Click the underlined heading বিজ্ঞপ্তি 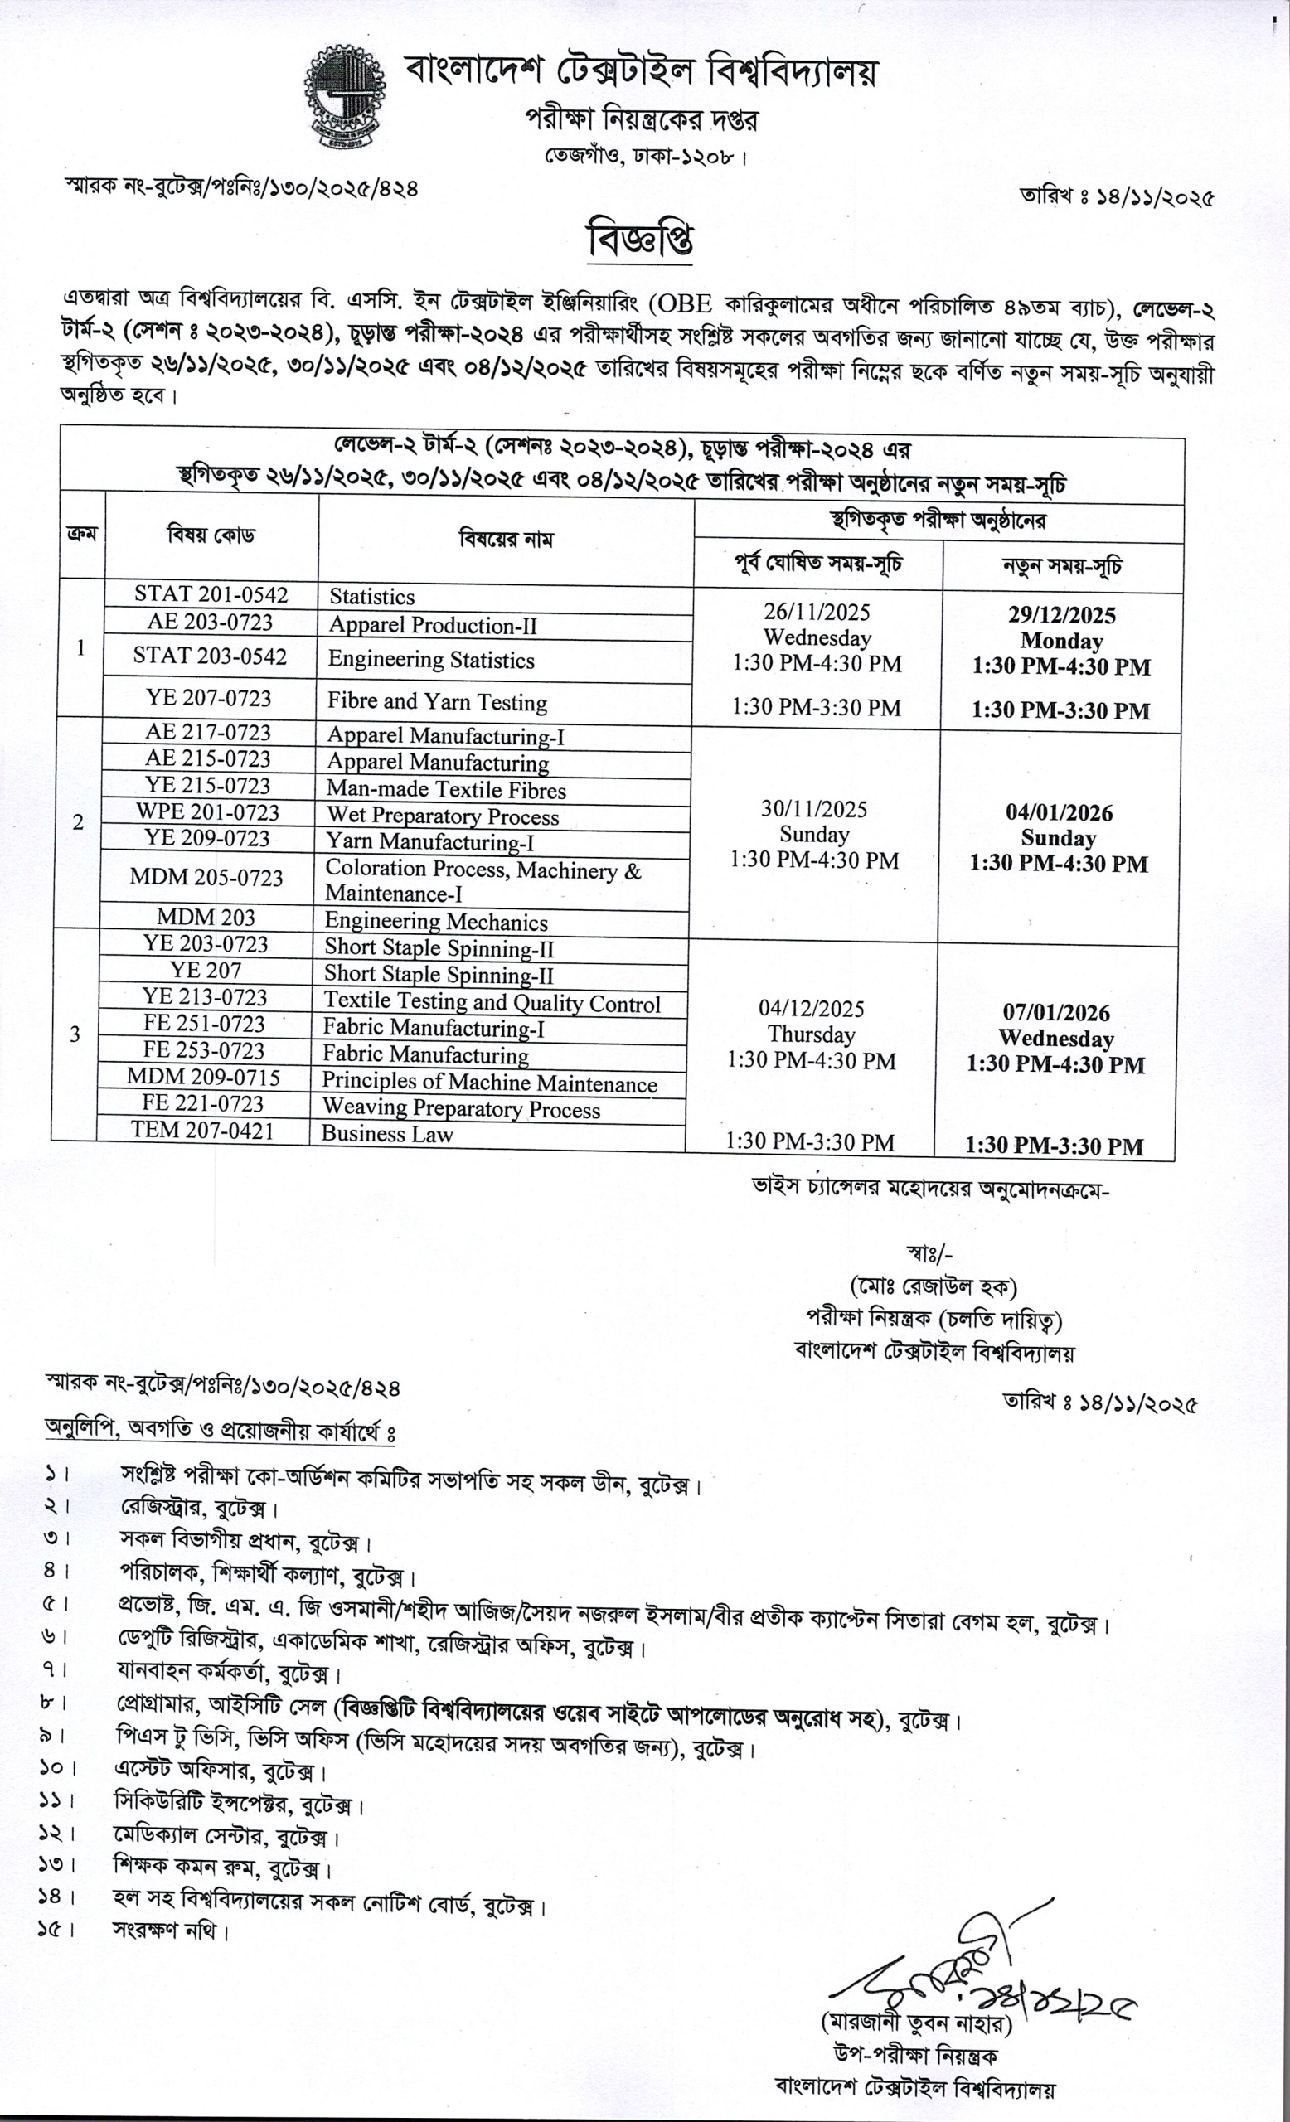coord(640,240)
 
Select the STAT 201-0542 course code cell coord(211,594)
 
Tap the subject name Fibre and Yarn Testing coord(437,702)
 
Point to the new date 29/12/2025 coord(1062,615)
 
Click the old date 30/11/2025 coord(814,809)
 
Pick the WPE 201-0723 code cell coord(207,812)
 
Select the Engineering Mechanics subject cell coord(436,923)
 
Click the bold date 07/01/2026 coord(1055,1013)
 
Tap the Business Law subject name coord(386,1133)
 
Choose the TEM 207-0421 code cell coord(202,1130)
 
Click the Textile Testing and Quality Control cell coord(492,1002)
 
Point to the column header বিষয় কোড coord(211,535)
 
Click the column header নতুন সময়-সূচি coord(1062,567)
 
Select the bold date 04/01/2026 coord(1059,813)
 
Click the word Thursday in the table coord(811,1034)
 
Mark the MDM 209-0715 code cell coord(203,1077)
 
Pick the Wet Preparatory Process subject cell coord(442,816)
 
